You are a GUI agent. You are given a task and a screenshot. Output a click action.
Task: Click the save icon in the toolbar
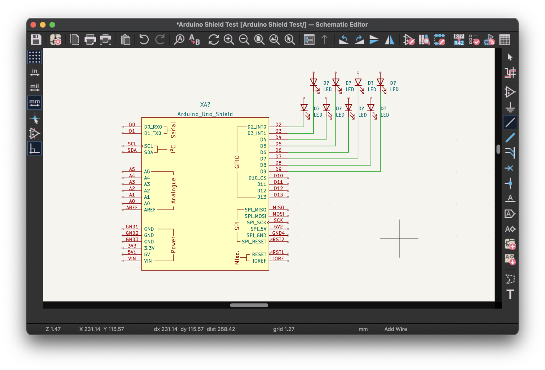click(36, 39)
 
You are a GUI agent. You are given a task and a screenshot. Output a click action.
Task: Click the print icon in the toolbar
click(90, 39)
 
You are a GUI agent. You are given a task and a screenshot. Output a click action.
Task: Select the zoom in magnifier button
click(229, 39)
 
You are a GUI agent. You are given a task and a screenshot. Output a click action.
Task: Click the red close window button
click(33, 25)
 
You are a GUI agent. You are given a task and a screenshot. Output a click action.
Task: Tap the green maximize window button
click(52, 25)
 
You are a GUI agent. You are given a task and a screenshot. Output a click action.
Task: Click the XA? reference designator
click(205, 104)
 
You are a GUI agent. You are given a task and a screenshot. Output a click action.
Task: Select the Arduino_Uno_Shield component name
click(205, 114)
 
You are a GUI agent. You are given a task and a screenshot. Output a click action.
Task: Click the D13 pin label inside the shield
click(262, 197)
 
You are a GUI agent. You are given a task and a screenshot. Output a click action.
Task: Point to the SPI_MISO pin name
click(255, 210)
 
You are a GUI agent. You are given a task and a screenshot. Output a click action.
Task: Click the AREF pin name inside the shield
click(150, 210)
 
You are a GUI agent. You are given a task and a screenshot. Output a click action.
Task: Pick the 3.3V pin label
click(149, 248)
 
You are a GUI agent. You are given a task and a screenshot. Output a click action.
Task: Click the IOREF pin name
click(259, 261)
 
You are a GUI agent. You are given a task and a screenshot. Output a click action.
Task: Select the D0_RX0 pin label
click(153, 127)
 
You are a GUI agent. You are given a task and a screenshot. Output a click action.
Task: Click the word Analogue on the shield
click(174, 191)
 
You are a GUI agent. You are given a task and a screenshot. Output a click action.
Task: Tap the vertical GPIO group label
click(237, 162)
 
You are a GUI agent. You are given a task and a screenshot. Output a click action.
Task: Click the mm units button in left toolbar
click(34, 102)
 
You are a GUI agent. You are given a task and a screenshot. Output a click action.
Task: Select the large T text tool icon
click(510, 294)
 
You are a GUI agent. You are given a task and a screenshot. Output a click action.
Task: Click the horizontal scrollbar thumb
click(249, 305)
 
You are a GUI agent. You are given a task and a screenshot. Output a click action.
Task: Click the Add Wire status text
click(396, 329)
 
